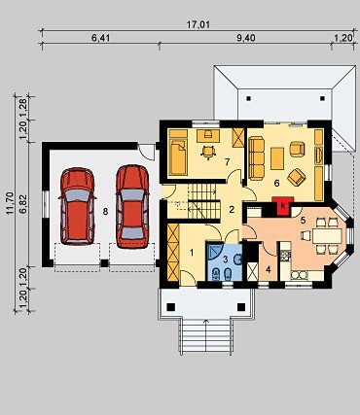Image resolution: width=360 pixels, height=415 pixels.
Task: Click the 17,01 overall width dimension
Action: (x=198, y=25)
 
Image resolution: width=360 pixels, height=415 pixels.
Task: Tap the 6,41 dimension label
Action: (x=101, y=38)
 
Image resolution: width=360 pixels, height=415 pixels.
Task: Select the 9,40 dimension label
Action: (x=246, y=38)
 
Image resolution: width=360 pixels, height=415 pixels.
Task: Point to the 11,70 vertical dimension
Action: (x=10, y=203)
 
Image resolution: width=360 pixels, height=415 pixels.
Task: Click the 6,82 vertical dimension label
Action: (x=23, y=204)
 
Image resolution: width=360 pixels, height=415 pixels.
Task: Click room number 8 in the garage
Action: (x=105, y=212)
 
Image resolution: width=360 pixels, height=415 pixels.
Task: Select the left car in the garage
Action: (x=77, y=206)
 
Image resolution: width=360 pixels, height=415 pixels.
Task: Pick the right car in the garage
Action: (x=132, y=207)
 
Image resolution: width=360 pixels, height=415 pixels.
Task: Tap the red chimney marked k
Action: (x=283, y=206)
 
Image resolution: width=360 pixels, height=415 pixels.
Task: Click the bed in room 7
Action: (x=179, y=157)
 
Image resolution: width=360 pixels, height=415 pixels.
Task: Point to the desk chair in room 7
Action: (x=208, y=152)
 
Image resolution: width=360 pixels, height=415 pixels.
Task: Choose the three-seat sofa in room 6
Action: (x=257, y=158)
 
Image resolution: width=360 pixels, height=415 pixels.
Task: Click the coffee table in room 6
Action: (x=277, y=158)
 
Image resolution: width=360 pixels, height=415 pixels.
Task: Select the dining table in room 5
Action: (x=327, y=236)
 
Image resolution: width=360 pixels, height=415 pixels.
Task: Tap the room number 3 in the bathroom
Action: (x=225, y=259)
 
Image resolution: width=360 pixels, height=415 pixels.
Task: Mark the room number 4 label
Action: (x=268, y=269)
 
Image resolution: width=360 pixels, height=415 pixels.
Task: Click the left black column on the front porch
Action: (x=170, y=306)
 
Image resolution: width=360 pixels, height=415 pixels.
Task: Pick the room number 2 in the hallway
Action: (x=232, y=209)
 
